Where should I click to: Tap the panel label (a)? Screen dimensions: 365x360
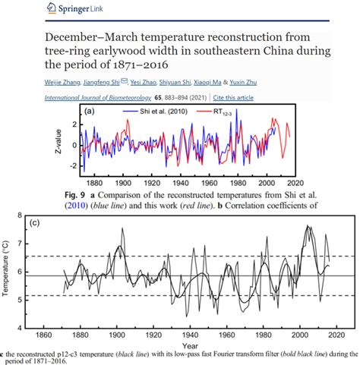point(90,112)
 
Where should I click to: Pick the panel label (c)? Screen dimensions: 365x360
point(34,223)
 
